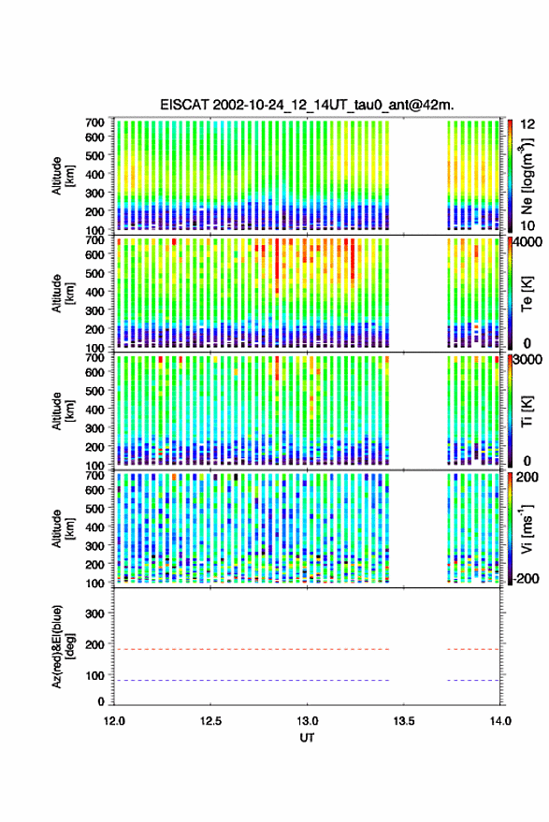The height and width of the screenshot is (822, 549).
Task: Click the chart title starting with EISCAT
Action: pos(307,105)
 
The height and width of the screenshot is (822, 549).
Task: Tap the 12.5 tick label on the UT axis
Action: pos(210,721)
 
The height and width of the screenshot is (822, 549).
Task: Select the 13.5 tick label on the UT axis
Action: pos(403,721)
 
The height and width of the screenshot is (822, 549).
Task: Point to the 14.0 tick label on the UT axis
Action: pos(500,721)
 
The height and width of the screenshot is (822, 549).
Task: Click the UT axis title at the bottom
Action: pos(307,738)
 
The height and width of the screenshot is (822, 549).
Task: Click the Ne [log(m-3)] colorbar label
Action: pos(527,176)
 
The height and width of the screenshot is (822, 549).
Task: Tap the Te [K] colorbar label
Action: pos(527,294)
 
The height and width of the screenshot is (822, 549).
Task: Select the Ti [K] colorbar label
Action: pos(527,411)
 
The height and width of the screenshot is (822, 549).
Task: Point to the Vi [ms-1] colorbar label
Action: pos(527,528)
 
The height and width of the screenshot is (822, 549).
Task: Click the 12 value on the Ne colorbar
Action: pos(528,124)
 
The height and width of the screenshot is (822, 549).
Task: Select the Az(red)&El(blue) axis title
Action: pos(63,646)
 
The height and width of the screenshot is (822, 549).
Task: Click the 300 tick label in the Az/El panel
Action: pos(94,613)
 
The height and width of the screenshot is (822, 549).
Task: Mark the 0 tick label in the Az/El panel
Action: pos(101,701)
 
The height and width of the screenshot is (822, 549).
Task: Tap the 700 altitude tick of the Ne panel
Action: pos(94,123)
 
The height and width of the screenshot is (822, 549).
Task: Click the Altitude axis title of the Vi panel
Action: pos(63,528)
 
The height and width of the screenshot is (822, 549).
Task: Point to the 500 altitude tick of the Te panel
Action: pos(94,273)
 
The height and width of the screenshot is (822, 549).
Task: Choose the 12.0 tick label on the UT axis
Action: pos(114,721)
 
